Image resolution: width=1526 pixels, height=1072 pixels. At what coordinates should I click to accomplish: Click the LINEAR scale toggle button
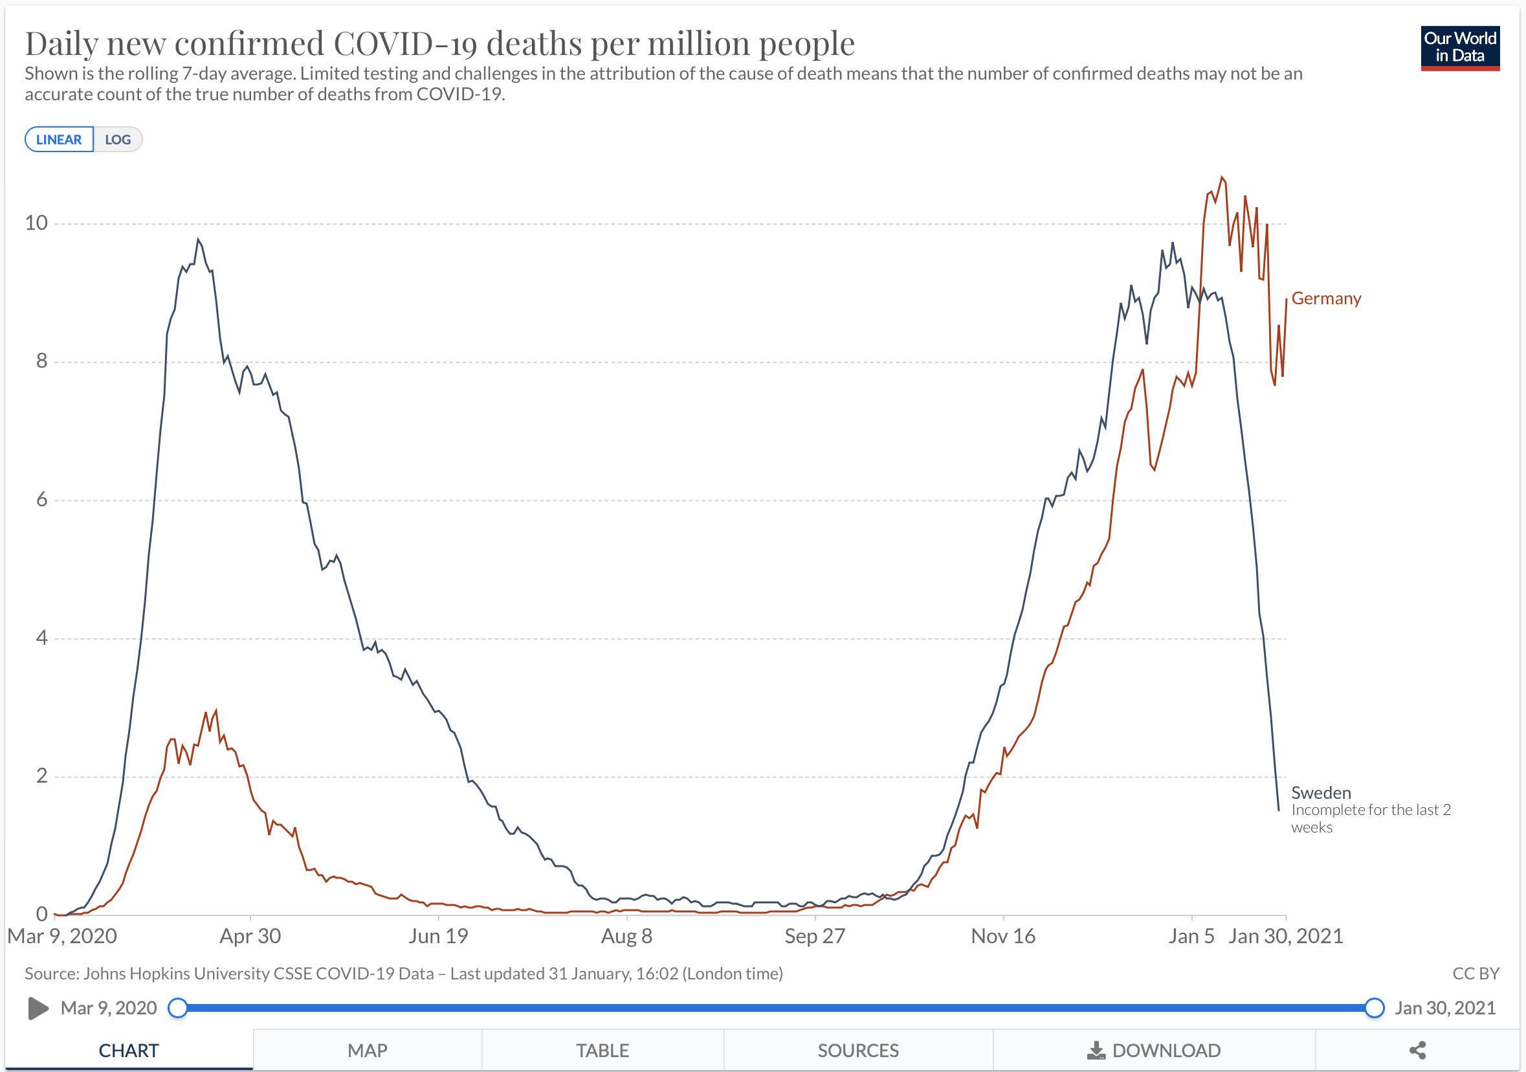(x=58, y=140)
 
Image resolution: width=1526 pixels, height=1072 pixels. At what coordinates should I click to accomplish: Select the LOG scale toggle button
(x=118, y=140)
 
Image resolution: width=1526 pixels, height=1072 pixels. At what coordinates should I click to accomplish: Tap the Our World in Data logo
(x=1459, y=48)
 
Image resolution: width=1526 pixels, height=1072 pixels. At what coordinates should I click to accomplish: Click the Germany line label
(x=1326, y=298)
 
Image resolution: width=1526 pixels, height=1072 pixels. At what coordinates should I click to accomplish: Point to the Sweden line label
(x=1321, y=793)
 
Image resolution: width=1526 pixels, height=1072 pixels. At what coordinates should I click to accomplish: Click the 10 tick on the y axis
(x=36, y=223)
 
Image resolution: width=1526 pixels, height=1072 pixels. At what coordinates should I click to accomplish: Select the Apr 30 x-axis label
(x=250, y=935)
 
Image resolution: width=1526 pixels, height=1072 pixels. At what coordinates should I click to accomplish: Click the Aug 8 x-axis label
(x=626, y=935)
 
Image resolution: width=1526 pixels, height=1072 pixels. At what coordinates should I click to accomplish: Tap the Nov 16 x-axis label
(x=1002, y=935)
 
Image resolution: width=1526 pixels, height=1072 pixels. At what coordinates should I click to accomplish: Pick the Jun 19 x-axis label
(x=438, y=935)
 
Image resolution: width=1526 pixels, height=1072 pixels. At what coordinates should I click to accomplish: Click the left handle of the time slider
(x=177, y=1008)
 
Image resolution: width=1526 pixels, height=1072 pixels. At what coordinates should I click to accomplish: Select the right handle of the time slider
(x=1375, y=1008)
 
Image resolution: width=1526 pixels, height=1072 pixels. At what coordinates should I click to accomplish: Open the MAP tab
(x=367, y=1051)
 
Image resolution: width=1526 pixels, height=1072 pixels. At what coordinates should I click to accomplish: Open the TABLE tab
(x=602, y=1051)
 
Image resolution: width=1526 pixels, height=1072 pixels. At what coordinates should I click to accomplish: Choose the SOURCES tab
(x=857, y=1051)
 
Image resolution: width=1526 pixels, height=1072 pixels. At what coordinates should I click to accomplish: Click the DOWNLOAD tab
(x=1154, y=1051)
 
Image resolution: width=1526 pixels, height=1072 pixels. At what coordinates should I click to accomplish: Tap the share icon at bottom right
(x=1417, y=1051)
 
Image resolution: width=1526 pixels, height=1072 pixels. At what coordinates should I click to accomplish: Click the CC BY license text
(x=1476, y=974)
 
